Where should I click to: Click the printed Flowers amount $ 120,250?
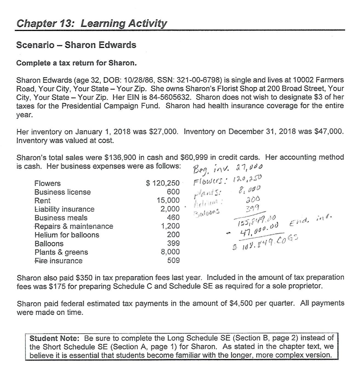coord(160,183)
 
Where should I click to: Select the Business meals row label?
coord(61,218)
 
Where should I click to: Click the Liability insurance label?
coord(64,209)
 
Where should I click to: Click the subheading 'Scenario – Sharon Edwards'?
coord(76,45)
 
